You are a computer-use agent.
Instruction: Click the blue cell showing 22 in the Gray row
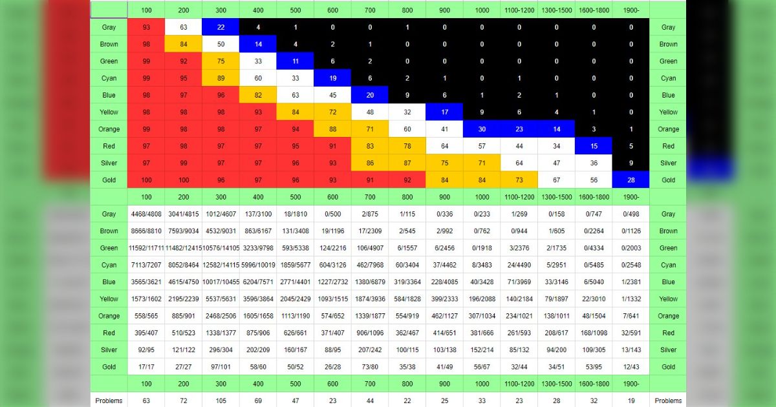(x=221, y=27)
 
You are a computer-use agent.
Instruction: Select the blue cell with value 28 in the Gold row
(x=631, y=180)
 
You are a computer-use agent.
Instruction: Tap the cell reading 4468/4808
(x=146, y=214)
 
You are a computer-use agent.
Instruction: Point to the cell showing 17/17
(x=146, y=366)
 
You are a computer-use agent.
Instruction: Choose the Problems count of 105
(x=221, y=401)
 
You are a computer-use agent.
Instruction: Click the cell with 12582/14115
(x=221, y=265)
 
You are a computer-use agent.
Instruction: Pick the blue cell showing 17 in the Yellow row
(x=444, y=112)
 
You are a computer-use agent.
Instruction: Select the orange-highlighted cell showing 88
(x=332, y=129)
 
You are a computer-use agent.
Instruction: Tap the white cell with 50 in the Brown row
(x=221, y=44)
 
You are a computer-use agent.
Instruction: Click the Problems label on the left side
(x=109, y=401)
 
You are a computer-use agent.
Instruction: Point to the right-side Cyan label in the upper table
(x=668, y=78)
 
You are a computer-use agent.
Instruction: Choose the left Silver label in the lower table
(x=109, y=350)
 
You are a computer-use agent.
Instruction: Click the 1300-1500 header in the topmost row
(x=556, y=10)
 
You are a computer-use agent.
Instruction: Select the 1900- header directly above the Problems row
(x=631, y=383)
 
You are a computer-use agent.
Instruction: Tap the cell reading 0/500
(x=332, y=214)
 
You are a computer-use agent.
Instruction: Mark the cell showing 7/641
(x=631, y=316)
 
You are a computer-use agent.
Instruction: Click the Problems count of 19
(x=631, y=401)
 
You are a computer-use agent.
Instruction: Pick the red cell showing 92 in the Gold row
(x=407, y=180)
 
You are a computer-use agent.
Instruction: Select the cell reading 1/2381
(x=631, y=282)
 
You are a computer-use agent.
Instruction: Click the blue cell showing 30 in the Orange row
(x=482, y=129)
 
